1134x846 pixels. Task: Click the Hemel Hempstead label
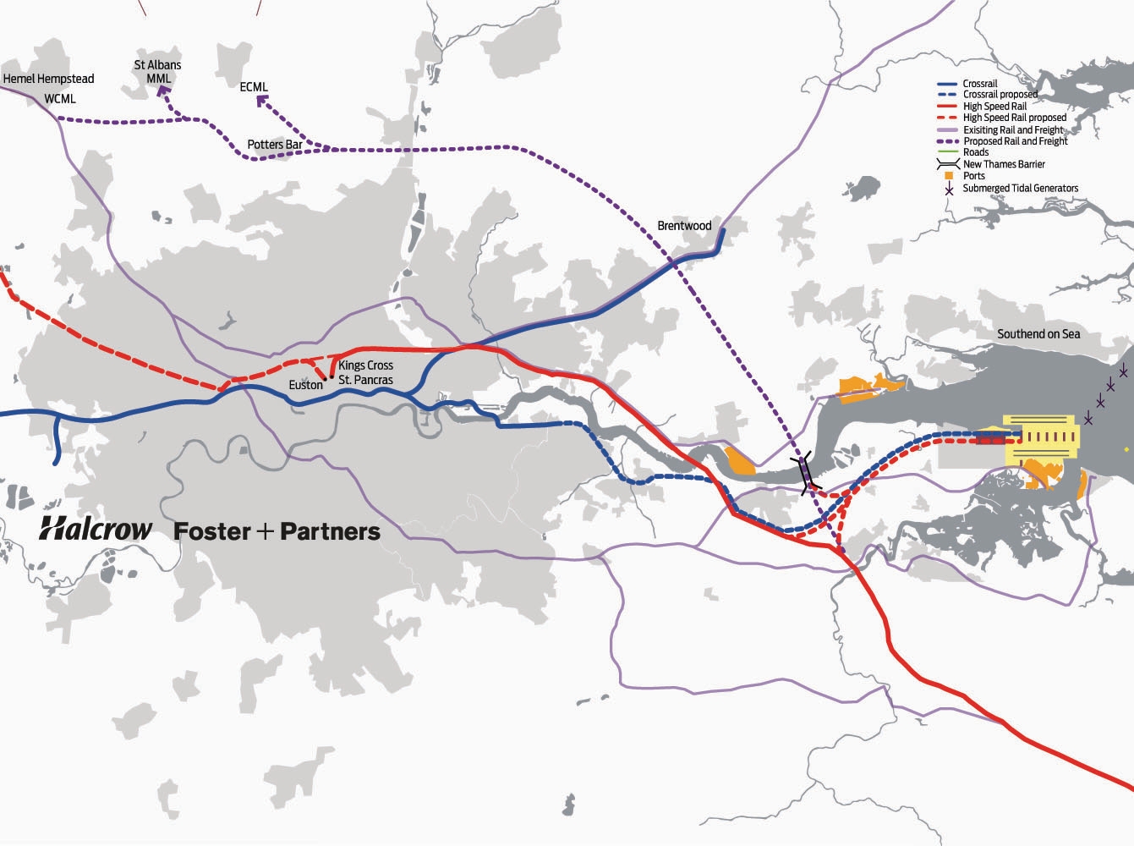click(x=48, y=79)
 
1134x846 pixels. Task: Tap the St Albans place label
click(x=158, y=65)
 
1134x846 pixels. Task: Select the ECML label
click(x=254, y=87)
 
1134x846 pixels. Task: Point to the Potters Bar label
click(x=275, y=145)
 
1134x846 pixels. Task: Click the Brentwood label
click(x=684, y=226)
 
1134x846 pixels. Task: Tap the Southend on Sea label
click(x=1038, y=334)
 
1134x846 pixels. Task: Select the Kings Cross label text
click(x=365, y=365)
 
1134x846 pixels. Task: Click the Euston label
click(x=305, y=385)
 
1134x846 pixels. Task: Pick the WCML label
click(x=60, y=99)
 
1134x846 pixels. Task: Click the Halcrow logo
click(x=96, y=530)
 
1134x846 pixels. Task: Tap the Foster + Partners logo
click(x=277, y=531)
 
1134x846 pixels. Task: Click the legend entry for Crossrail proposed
click(x=1000, y=95)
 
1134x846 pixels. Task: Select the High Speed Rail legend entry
click(x=994, y=107)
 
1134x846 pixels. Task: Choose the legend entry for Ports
click(x=973, y=176)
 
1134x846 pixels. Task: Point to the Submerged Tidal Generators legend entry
click(x=1020, y=188)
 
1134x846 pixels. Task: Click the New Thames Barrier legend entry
click(x=1003, y=164)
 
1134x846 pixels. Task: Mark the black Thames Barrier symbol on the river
click(x=806, y=471)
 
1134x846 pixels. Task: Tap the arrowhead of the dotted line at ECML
click(x=260, y=101)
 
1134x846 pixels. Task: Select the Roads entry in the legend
click(x=975, y=152)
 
